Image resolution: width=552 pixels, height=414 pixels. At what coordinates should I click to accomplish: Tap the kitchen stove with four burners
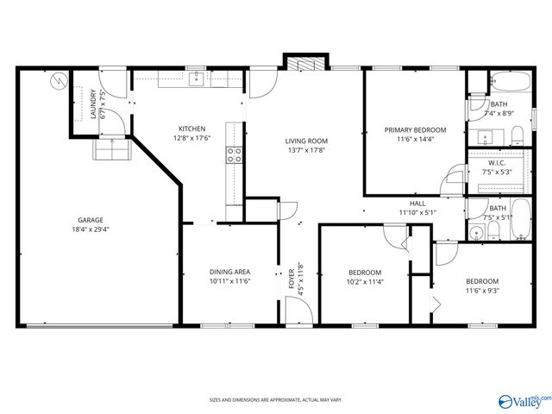[x=233, y=155]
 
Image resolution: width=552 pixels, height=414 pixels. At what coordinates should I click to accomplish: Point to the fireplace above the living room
[x=307, y=64]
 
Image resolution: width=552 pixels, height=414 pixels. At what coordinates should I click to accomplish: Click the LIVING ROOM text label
[x=307, y=141]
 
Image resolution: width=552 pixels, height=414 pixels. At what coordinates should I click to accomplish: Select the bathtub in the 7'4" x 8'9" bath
[x=510, y=84]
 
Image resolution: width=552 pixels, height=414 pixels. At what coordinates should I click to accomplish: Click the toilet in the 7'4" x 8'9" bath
[x=515, y=135]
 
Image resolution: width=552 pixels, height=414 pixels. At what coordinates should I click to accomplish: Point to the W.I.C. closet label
[x=496, y=162]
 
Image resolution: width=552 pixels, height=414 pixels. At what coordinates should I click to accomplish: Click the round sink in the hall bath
[x=476, y=232]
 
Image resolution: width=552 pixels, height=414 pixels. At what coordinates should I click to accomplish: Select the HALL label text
[x=418, y=204]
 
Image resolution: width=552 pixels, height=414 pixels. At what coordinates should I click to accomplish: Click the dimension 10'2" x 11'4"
[x=365, y=281]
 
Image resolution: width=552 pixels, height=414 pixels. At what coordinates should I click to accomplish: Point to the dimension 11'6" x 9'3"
[x=482, y=291]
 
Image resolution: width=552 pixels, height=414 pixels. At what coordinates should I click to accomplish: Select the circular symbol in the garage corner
[x=58, y=81]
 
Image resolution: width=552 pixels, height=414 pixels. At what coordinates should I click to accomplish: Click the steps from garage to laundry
[x=110, y=151]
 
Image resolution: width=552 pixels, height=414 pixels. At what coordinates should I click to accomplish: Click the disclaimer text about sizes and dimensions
[x=276, y=400]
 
